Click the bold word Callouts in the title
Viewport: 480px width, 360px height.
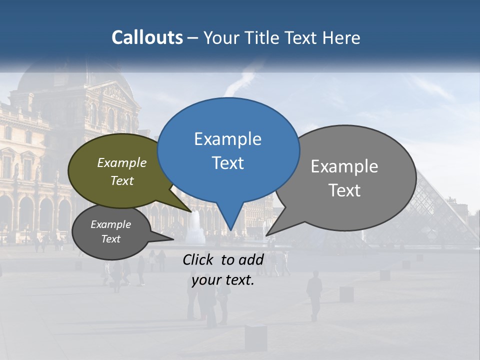pos(147,37)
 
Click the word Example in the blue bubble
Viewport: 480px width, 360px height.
pos(227,139)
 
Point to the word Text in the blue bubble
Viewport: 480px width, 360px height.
pos(227,163)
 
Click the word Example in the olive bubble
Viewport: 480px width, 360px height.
pos(122,162)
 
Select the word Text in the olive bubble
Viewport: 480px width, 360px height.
pos(122,180)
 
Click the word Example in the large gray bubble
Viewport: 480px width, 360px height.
pos(344,166)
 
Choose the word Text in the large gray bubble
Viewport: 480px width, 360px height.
pos(344,190)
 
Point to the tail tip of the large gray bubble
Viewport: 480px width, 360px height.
pos(266,235)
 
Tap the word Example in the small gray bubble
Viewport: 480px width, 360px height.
pos(111,224)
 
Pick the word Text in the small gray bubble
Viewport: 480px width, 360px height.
pos(111,239)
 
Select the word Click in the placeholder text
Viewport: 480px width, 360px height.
pos(199,259)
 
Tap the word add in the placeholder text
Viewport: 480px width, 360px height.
pos(251,259)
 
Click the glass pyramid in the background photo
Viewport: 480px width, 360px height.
pos(440,210)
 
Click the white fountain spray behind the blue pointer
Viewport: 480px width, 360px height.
pos(196,225)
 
